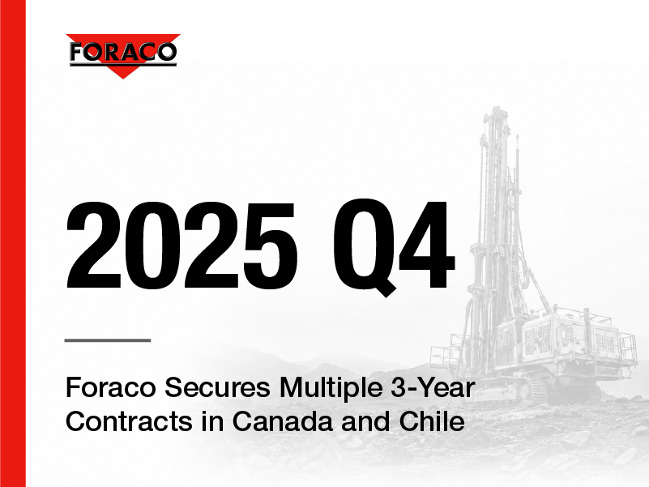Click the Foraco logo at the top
pyautogui.click(x=123, y=56)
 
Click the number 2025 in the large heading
pyautogui.click(x=181, y=246)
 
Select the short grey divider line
pyautogui.click(x=108, y=340)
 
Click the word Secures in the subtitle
pyautogui.click(x=217, y=387)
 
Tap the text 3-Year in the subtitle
pyautogui.click(x=433, y=387)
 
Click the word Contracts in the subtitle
pyautogui.click(x=129, y=421)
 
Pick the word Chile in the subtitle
pyautogui.click(x=432, y=421)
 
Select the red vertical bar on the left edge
pyautogui.click(x=13, y=243)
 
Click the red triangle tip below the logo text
pyautogui.click(x=123, y=78)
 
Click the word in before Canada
pyautogui.click(x=212, y=421)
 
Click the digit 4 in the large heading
pyautogui.click(x=427, y=246)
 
